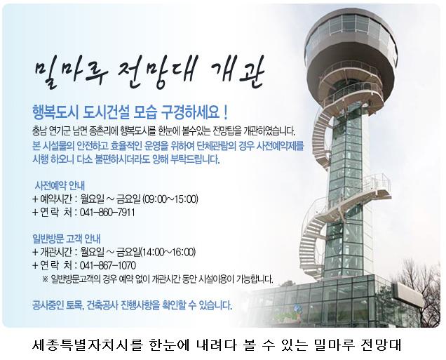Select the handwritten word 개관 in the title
click(x=238, y=71)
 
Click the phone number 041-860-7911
click(x=107, y=213)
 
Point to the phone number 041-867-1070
click(x=108, y=265)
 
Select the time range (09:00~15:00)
click(x=170, y=199)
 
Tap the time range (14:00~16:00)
click(x=168, y=252)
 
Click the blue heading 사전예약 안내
click(x=60, y=185)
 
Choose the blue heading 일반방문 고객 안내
click(x=67, y=239)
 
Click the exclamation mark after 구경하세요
click(x=226, y=113)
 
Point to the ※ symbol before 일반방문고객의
click(x=45, y=279)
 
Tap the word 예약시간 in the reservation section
click(x=56, y=199)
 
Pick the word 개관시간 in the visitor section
click(x=56, y=252)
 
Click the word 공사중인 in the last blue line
click(x=48, y=306)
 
